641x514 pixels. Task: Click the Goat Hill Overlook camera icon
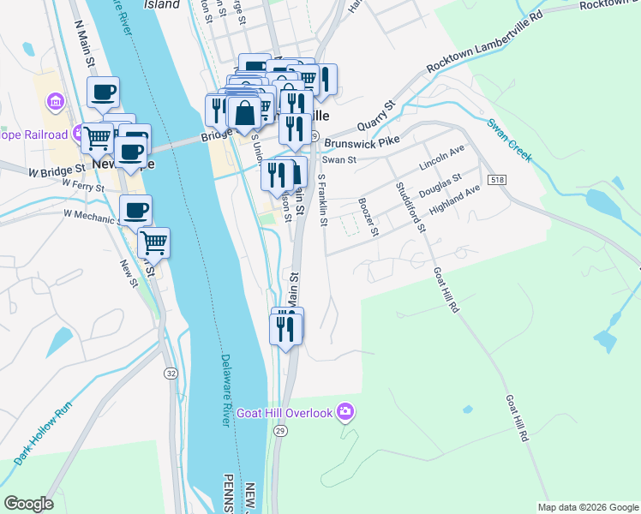[344, 413]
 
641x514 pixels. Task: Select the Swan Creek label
[510, 140]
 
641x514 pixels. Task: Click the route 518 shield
[498, 180]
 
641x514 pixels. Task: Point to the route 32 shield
[171, 374]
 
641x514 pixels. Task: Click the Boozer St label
[370, 217]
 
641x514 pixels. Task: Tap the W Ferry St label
[77, 187]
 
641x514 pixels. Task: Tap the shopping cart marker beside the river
[153, 242]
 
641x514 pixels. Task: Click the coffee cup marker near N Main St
[104, 91]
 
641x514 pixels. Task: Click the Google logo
[28, 504]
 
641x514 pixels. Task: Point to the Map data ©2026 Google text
[587, 507]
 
